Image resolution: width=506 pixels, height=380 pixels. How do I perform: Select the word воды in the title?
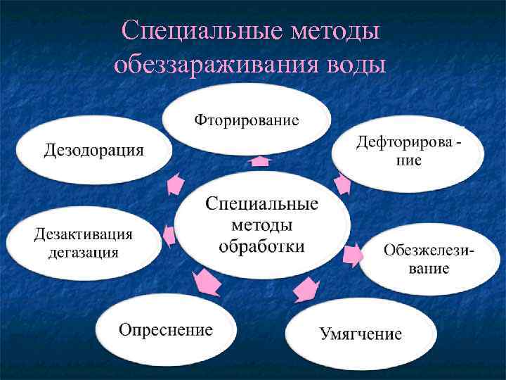pyautogui.click(x=357, y=65)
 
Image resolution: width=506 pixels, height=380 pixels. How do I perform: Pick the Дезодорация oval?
pyautogui.click(x=93, y=150)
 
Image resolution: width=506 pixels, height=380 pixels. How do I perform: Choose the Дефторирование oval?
pyautogui.click(x=409, y=151)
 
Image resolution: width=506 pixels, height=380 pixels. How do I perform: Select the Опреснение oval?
pyautogui.click(x=165, y=329)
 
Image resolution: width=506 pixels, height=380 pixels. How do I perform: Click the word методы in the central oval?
pyautogui.click(x=261, y=225)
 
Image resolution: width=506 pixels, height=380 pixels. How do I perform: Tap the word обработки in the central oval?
pyautogui.click(x=261, y=246)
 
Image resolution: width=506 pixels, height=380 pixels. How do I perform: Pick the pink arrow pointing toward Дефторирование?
pyautogui.click(x=341, y=184)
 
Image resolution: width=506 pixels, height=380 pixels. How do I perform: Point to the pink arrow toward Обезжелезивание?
pyautogui.click(x=353, y=254)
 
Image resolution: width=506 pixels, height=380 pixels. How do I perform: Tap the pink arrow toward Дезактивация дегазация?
pyautogui.click(x=169, y=235)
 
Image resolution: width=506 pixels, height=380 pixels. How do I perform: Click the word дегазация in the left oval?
pyautogui.click(x=83, y=253)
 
